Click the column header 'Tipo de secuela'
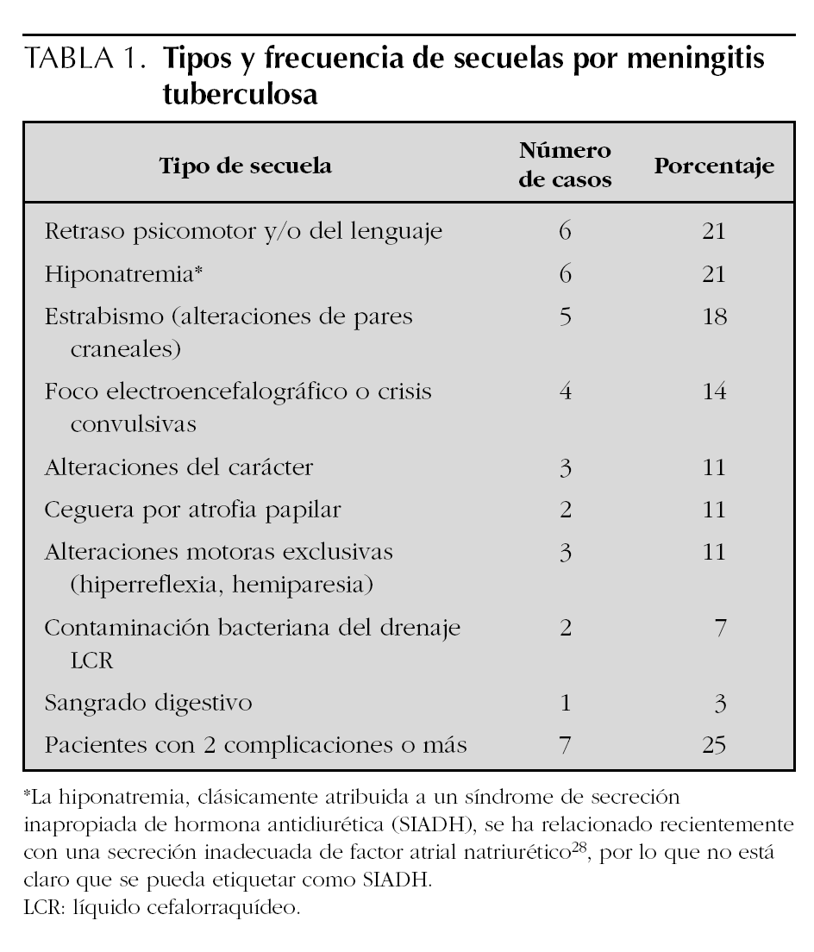(x=246, y=166)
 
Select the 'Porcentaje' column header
(x=713, y=166)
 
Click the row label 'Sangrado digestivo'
(x=148, y=703)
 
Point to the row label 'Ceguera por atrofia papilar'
(x=192, y=510)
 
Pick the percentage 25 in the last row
(x=713, y=744)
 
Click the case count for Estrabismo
(x=566, y=316)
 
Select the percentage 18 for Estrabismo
(x=713, y=316)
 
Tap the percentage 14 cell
(x=713, y=391)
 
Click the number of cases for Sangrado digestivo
(x=566, y=703)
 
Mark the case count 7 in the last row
(x=566, y=744)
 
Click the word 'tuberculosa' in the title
(x=241, y=95)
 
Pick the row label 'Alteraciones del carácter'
(x=178, y=467)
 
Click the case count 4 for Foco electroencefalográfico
(x=566, y=391)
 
